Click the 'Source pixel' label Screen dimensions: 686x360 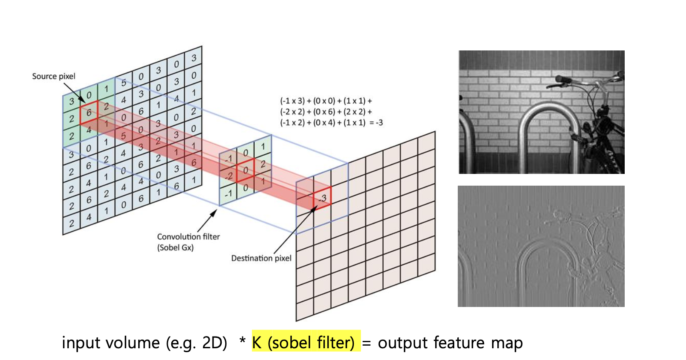point(53,76)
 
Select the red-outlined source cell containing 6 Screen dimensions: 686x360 point(89,113)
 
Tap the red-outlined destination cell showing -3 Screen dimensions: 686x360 point(322,198)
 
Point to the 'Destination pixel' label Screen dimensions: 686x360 point(261,258)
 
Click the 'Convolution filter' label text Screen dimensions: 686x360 point(188,237)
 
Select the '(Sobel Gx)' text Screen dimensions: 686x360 point(176,247)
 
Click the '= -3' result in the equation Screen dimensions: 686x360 point(376,123)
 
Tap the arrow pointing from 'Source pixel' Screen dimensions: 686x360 point(74,93)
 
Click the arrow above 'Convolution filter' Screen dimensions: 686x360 point(207,221)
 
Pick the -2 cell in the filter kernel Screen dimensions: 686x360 point(228,176)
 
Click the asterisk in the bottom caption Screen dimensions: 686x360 point(243,340)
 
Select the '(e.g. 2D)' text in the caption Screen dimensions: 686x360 point(196,343)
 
